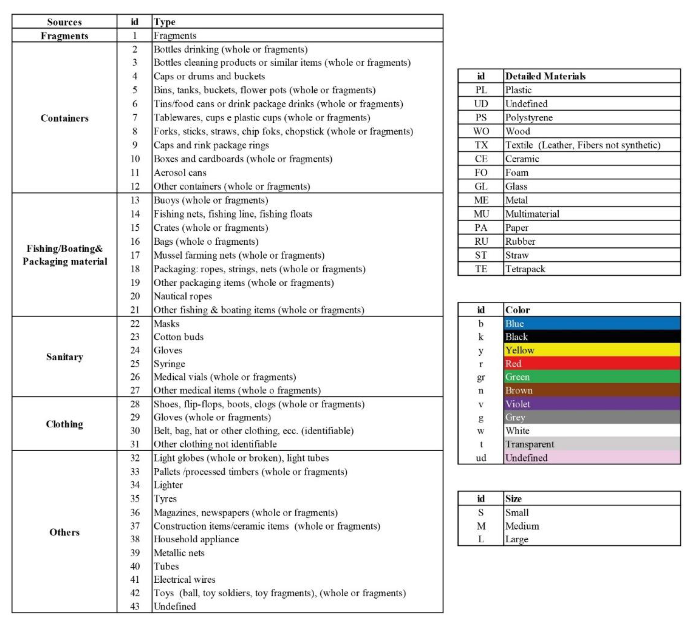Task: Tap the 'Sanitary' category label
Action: tap(64, 357)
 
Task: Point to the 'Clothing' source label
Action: tap(64, 424)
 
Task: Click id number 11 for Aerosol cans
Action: tap(135, 173)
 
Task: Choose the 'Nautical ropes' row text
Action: tap(182, 296)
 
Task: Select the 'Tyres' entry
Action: tap(165, 499)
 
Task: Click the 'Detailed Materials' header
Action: tap(545, 76)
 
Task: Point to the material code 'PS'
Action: tap(481, 118)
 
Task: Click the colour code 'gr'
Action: tap(481, 377)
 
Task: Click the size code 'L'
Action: tap(481, 540)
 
